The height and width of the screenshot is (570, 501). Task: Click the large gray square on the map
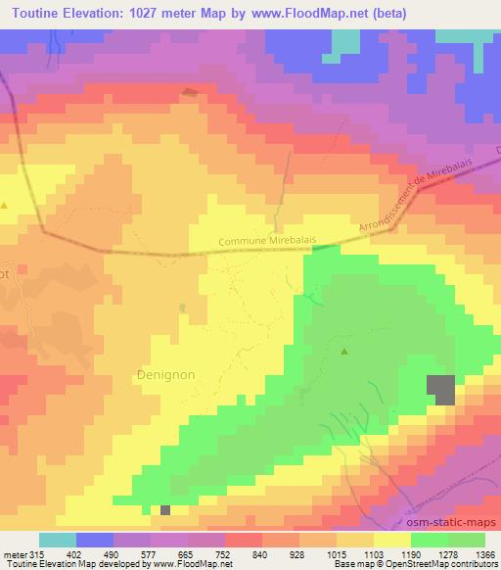[442, 390]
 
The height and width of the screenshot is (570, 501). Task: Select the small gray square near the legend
[165, 510]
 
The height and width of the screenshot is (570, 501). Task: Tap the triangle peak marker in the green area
[343, 352]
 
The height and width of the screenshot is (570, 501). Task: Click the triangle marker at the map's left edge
[5, 206]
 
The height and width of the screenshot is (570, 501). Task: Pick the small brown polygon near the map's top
[189, 93]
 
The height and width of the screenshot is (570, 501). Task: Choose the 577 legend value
[151, 553]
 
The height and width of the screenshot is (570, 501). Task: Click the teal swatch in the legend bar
[58, 540]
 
